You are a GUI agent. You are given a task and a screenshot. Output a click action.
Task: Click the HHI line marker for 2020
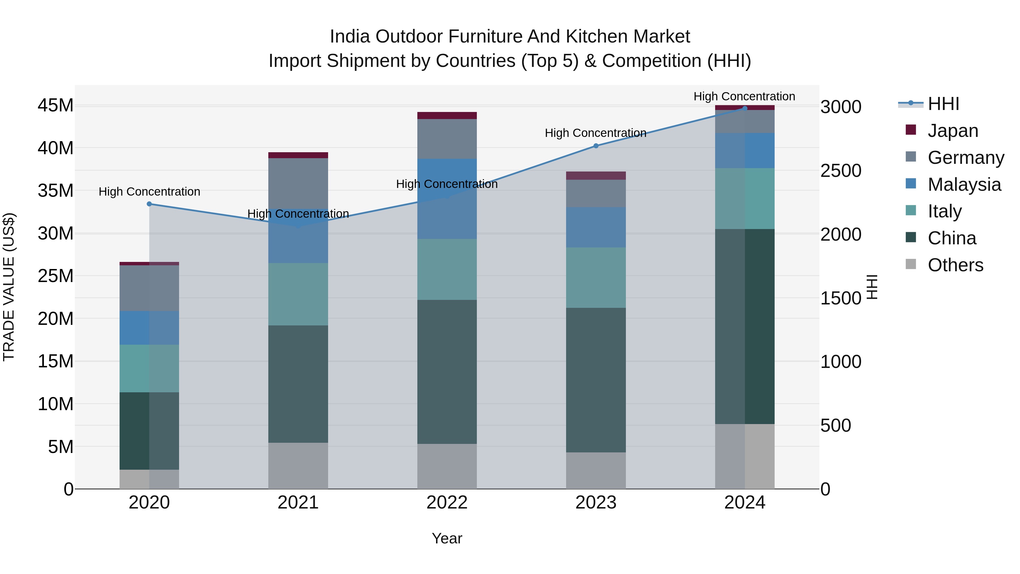[x=149, y=204]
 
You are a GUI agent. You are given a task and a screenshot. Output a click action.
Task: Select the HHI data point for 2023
[x=596, y=146]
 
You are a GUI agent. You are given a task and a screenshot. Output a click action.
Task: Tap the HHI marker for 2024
[x=745, y=108]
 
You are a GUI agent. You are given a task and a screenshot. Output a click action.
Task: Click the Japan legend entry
[x=952, y=131]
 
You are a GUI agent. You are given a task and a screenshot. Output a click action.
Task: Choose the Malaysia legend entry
[x=964, y=185]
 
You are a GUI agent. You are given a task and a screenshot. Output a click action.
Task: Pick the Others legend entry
[x=955, y=265]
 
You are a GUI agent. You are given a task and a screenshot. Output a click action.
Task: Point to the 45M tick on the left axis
[x=56, y=106]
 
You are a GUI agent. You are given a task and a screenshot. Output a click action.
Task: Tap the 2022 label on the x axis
[x=447, y=503]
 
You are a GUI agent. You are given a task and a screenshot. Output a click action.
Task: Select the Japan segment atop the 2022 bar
[x=447, y=115]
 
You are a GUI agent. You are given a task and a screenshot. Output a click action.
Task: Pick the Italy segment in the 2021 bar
[x=298, y=294]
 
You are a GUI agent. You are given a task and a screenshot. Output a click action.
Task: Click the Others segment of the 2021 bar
[x=298, y=465]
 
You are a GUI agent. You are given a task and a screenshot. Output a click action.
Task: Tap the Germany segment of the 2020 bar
[x=149, y=288]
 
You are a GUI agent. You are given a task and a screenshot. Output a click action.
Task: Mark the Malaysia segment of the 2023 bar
[x=596, y=227]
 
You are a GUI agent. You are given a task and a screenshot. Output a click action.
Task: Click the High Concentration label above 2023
[x=596, y=133]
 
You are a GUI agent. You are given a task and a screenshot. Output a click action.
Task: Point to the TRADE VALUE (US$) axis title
[x=9, y=287]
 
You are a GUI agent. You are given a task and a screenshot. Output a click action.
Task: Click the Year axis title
[x=447, y=538]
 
